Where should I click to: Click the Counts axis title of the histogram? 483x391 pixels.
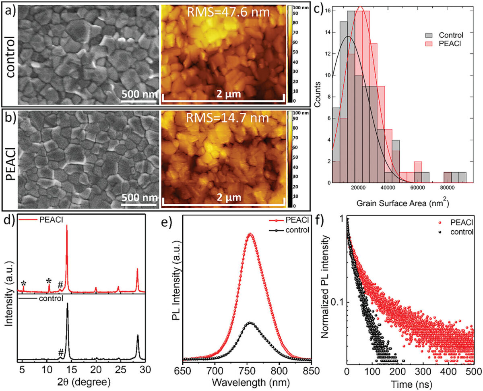pos(318,95)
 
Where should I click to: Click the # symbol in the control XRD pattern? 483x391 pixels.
pos(61,353)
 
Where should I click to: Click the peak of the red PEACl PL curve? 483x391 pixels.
pos(250,234)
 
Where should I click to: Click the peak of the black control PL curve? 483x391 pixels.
pos(250,322)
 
